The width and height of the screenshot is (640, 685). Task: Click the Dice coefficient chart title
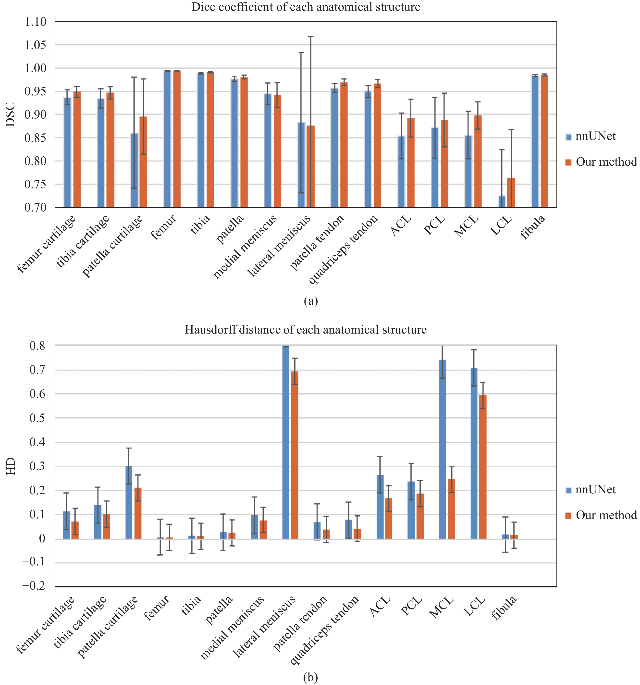point(306,7)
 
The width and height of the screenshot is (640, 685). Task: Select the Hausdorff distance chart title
point(306,329)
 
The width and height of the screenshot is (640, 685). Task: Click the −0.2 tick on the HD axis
point(34,585)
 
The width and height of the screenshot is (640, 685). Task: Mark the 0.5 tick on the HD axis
point(38,418)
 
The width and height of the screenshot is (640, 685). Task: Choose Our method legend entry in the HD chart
point(601,515)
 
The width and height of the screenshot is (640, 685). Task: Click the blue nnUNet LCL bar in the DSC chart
point(502,201)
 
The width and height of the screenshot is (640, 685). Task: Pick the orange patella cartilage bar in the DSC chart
point(143,162)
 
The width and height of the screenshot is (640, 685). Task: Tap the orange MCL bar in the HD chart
point(451,509)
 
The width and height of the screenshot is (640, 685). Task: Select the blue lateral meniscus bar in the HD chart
point(285,442)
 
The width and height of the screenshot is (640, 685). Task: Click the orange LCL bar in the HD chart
point(483,467)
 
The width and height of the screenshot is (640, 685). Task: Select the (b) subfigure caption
point(311,677)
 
